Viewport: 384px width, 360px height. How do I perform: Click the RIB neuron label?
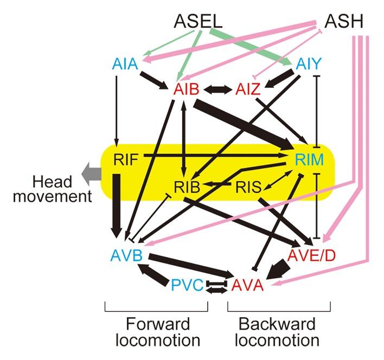click(x=188, y=187)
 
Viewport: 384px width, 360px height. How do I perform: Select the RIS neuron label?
click(x=248, y=187)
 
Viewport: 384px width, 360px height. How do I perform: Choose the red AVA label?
click(x=247, y=285)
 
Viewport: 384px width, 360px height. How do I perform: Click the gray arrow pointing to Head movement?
click(x=91, y=173)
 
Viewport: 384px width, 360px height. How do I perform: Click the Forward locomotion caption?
click(x=158, y=332)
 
